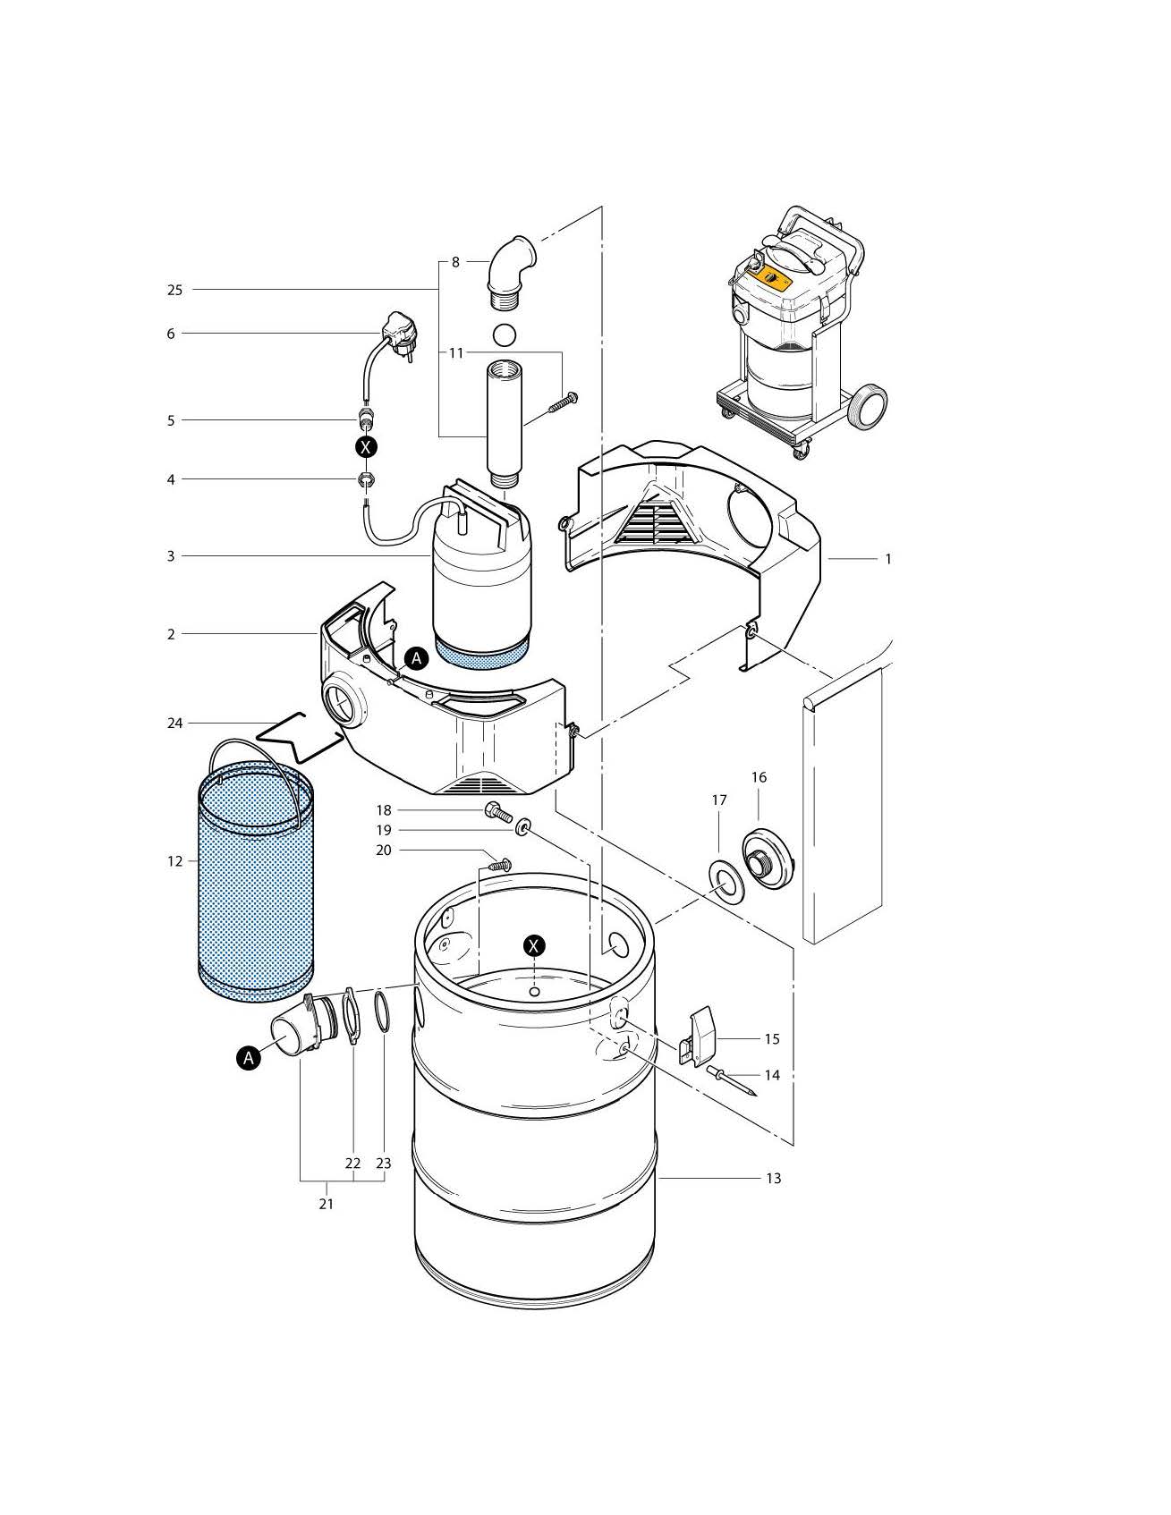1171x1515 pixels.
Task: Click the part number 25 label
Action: pyautogui.click(x=174, y=290)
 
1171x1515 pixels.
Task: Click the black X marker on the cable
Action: pyautogui.click(x=366, y=446)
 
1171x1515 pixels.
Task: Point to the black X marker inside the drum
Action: pyautogui.click(x=534, y=945)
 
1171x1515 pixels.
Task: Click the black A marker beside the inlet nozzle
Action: pyautogui.click(x=249, y=1057)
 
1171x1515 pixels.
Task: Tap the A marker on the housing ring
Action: pyautogui.click(x=416, y=658)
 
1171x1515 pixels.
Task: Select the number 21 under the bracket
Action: pyautogui.click(x=327, y=1204)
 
